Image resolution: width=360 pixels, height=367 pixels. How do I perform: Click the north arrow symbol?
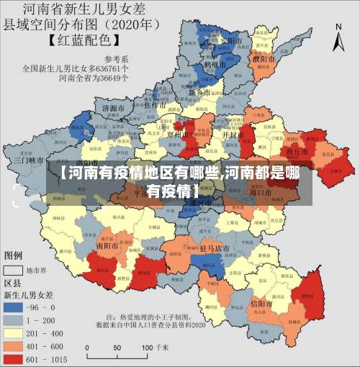point(339,37)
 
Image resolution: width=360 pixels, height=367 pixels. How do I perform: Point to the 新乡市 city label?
point(199,93)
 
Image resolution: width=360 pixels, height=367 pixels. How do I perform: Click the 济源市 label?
point(114,108)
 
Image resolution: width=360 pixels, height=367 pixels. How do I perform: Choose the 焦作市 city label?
point(157,105)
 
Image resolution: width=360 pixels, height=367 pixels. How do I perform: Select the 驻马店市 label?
point(214,248)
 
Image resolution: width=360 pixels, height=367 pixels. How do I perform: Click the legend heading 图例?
point(14,255)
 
